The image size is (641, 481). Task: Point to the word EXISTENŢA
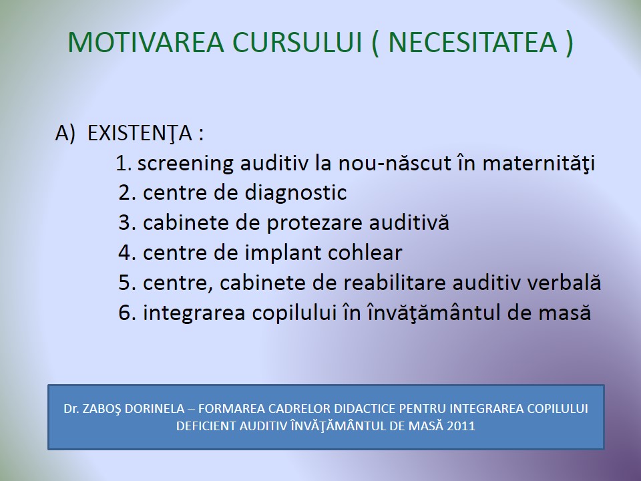click(x=140, y=134)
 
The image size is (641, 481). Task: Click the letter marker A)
click(x=65, y=134)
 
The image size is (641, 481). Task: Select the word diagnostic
click(x=296, y=193)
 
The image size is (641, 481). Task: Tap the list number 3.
click(x=125, y=223)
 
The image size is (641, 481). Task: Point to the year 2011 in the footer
click(x=461, y=426)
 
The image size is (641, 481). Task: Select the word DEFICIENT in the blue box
click(x=206, y=426)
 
